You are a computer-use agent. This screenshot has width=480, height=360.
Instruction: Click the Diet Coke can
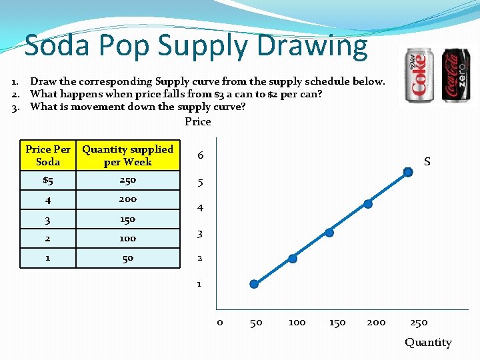(422, 75)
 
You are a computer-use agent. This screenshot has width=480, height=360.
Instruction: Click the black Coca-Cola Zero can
(456, 75)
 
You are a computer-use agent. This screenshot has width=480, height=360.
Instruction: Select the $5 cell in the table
(48, 180)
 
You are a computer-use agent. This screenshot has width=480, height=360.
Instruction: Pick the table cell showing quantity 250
(128, 180)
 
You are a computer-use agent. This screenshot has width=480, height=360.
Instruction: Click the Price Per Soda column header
(48, 155)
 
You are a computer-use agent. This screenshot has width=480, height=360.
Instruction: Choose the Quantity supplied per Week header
(128, 155)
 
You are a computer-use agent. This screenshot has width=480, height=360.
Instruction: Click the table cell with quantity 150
(128, 219)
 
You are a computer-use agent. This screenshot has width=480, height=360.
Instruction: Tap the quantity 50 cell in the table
(128, 257)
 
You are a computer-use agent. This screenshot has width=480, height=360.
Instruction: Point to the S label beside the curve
(427, 162)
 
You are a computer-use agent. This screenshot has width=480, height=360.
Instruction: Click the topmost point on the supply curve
(408, 172)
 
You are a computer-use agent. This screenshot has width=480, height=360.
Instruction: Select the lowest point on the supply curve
(253, 284)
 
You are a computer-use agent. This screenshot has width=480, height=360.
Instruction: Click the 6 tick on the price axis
(200, 155)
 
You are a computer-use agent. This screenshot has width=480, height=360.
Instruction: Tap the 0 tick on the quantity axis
(219, 323)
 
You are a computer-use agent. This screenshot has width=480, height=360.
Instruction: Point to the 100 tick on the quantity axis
(297, 323)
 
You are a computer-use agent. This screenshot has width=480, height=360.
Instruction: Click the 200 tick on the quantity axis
(376, 323)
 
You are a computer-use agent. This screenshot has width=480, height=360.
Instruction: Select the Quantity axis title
(428, 343)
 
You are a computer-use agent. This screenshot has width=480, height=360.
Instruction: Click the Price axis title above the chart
(197, 122)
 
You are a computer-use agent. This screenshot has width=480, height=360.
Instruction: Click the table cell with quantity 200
(128, 199)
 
